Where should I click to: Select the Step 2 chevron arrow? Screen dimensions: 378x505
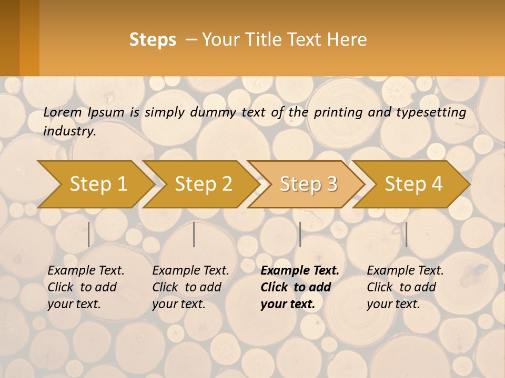tap(203, 184)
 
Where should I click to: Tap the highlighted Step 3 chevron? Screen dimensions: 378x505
tap(308, 184)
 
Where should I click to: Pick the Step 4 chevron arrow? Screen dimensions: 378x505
tap(413, 184)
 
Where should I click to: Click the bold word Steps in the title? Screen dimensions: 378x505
tap(153, 40)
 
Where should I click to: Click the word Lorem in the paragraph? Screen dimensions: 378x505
tap(63, 112)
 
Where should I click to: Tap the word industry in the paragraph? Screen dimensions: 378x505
tap(69, 131)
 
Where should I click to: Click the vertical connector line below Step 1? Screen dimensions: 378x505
tap(89, 234)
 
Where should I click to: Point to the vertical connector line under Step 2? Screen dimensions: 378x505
tap(194, 234)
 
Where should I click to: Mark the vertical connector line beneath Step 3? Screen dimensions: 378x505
tap(300, 234)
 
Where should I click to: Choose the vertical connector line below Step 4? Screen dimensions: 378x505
tap(406, 234)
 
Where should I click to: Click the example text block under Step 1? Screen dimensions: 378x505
tap(86, 287)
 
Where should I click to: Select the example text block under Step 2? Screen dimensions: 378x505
tap(190, 287)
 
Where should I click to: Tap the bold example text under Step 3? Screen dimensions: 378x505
tap(300, 287)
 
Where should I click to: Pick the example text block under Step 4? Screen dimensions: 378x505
tap(405, 287)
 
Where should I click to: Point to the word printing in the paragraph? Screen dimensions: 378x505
tap(334, 112)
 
